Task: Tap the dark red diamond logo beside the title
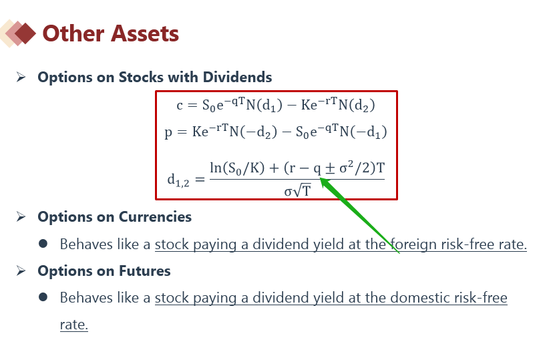coord(25,33)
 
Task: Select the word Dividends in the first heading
coord(237,77)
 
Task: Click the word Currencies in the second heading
coord(155,217)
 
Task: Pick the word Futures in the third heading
coord(145,271)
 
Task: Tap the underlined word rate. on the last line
coord(74,325)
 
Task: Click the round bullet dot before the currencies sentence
coord(43,244)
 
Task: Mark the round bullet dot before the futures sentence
coord(43,297)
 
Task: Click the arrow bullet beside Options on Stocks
coord(21,77)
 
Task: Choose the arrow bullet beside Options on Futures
coord(21,271)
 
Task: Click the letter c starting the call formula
coord(180,106)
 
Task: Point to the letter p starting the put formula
coord(168,133)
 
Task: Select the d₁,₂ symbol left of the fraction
coord(178,180)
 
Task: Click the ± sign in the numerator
coord(330,168)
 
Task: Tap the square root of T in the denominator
coord(302,191)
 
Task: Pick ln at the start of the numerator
coord(216,168)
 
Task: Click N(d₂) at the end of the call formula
coord(357,105)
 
